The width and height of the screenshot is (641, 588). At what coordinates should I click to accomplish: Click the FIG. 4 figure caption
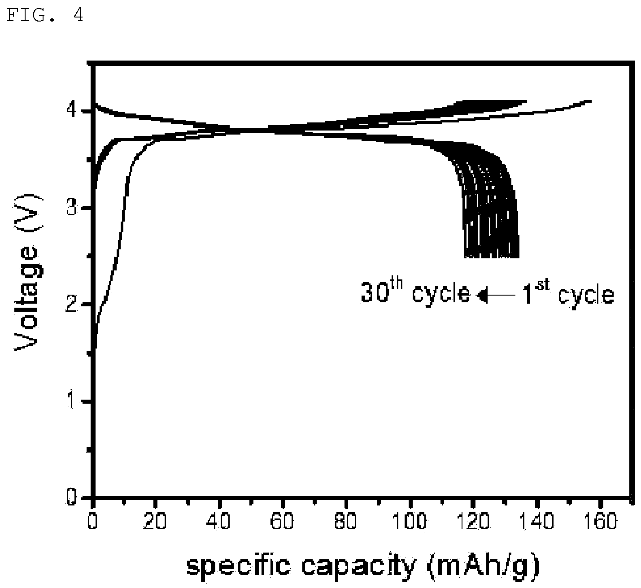[45, 15]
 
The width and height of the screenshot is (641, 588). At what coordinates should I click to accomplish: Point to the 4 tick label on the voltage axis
[71, 110]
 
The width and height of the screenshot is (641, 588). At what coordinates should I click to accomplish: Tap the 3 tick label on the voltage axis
[71, 208]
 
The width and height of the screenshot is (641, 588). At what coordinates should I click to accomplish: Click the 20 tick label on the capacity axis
[155, 521]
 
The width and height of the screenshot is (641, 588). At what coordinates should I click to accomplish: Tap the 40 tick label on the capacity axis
[219, 521]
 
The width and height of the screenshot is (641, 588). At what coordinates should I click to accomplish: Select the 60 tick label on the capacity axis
[282, 521]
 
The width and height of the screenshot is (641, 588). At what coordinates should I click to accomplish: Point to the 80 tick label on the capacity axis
[346, 521]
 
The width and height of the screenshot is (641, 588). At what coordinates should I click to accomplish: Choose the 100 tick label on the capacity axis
[410, 521]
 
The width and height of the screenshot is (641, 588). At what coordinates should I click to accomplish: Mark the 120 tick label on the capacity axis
[473, 521]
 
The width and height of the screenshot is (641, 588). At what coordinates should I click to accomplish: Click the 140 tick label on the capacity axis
[537, 521]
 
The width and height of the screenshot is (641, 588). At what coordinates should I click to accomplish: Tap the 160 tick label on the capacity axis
[600, 521]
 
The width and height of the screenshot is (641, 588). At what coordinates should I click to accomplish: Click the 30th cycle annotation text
[415, 292]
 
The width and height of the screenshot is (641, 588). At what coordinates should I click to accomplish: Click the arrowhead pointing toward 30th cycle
[482, 295]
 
